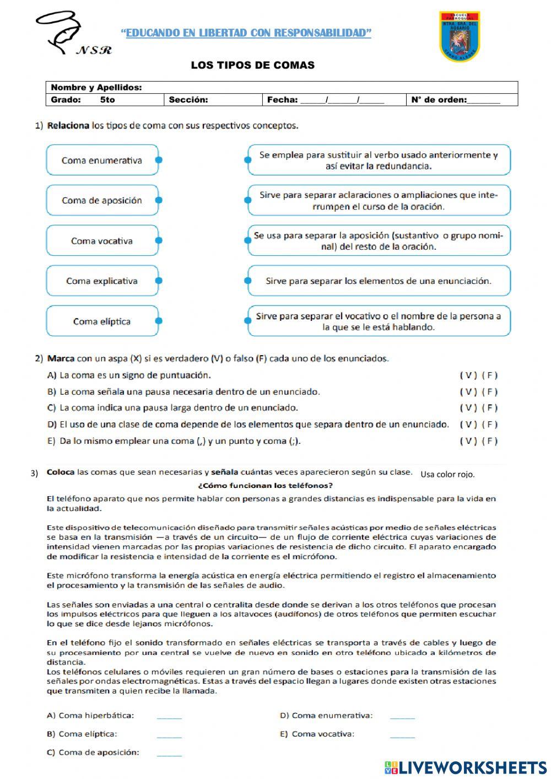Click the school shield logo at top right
[x=460, y=36]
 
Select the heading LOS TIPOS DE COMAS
[x=252, y=65]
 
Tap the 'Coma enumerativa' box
[x=102, y=160]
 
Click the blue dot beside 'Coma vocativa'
[x=159, y=240]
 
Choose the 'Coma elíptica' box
[x=102, y=321]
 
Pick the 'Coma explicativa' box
[x=102, y=281]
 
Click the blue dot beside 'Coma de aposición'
[x=159, y=201]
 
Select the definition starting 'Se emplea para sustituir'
[x=379, y=160]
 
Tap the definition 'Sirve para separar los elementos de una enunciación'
[x=379, y=281]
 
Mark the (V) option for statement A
[x=468, y=375]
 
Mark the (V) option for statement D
[x=468, y=425]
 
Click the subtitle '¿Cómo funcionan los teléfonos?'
[x=264, y=486]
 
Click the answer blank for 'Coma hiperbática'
[x=169, y=716]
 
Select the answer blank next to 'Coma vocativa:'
[x=402, y=734]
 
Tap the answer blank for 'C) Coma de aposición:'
[x=169, y=753]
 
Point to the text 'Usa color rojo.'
[x=447, y=474]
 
